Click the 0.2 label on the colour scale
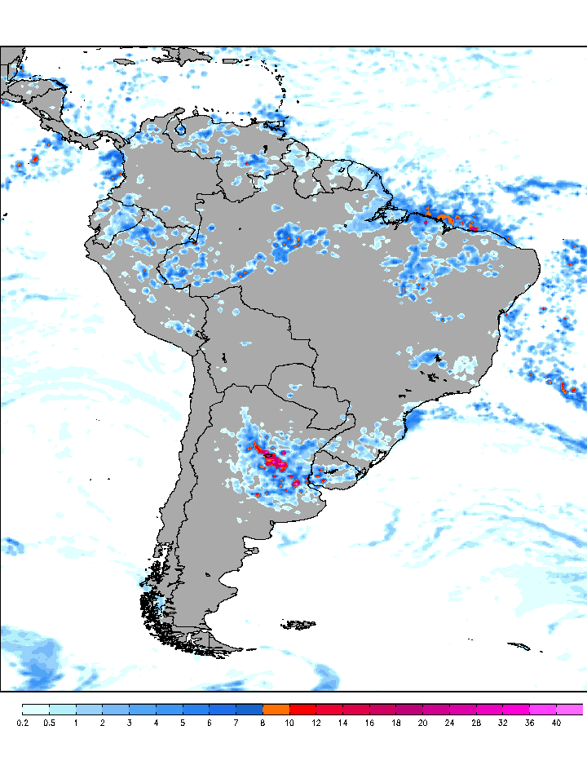pyautogui.click(x=23, y=723)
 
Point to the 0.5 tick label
pyautogui.click(x=49, y=723)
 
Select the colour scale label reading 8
pyautogui.click(x=263, y=723)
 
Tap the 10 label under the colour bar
pyautogui.click(x=289, y=723)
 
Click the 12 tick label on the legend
pyautogui.click(x=316, y=723)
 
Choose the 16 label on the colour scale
pyautogui.click(x=369, y=723)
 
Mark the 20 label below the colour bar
pyautogui.click(x=422, y=723)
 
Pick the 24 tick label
pyautogui.click(x=449, y=723)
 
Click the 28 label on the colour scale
pyautogui.click(x=476, y=723)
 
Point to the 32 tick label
pyautogui.click(x=502, y=723)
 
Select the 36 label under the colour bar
pyautogui.click(x=529, y=723)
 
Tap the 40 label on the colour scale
pyautogui.click(x=556, y=723)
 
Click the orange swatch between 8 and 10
pyautogui.click(x=276, y=709)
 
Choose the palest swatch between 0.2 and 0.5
pyautogui.click(x=36, y=709)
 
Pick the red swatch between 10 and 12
pyautogui.click(x=302, y=709)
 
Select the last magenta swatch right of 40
pyautogui.click(x=570, y=709)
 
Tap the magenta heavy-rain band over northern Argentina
pyautogui.click(x=271, y=459)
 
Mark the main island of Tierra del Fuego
pyautogui.click(x=210, y=644)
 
